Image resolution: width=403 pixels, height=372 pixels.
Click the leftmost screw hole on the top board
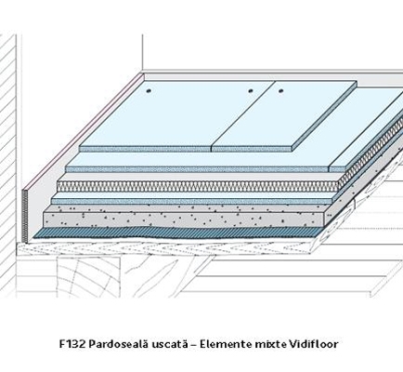149,91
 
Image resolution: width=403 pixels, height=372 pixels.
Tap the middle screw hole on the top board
251,91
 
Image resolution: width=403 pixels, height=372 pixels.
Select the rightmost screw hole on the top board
281,91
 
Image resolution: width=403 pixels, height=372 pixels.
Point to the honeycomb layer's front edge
198,187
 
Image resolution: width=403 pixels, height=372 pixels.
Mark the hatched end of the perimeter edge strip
25,216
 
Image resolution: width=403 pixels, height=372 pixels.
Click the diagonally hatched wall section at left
8,161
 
